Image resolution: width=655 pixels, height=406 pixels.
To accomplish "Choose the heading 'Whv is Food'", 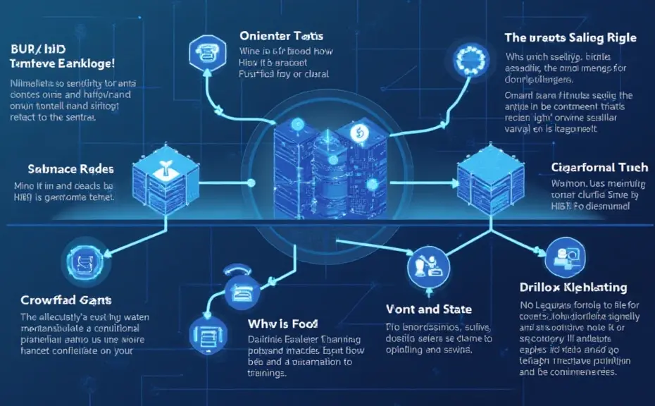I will pyautogui.click(x=282, y=324).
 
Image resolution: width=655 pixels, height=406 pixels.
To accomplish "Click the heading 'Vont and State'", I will pyautogui.click(x=429, y=309).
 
